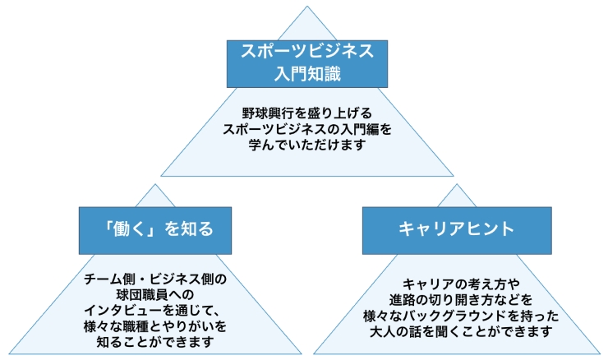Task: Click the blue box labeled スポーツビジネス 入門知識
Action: click(x=306, y=62)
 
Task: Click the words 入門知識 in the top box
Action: click(x=306, y=75)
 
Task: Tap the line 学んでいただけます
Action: click(x=306, y=145)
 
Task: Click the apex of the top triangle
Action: click(x=306, y=7)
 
